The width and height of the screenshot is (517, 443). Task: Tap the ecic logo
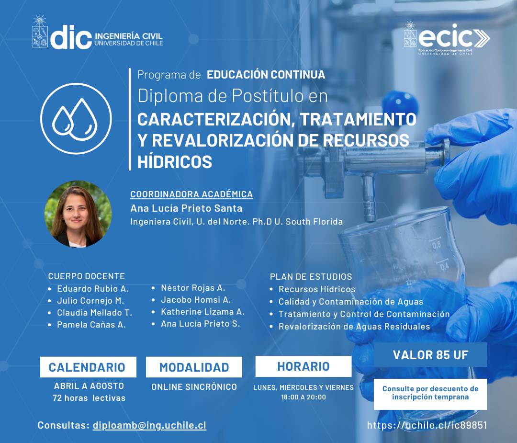point(447,38)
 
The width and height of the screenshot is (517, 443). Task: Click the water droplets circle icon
point(76,118)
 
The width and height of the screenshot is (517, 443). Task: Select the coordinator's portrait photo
point(78,214)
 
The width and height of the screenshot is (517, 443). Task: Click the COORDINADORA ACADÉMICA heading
point(191,194)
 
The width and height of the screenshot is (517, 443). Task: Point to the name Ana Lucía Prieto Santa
point(186,208)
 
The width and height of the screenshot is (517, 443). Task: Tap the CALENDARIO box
point(88,367)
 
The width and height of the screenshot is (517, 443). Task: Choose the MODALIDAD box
point(194,367)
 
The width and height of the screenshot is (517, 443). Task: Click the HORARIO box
point(303,366)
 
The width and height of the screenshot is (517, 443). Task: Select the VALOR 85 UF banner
point(430,354)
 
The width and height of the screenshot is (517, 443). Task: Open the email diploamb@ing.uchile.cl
point(149,425)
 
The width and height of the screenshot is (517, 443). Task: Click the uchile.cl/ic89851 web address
point(427,425)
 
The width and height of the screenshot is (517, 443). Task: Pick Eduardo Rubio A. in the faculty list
point(93,289)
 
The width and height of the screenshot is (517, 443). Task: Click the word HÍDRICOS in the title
point(174,161)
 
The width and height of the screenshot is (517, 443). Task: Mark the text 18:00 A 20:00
point(303,397)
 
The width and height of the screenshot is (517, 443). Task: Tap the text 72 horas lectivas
point(89,398)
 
